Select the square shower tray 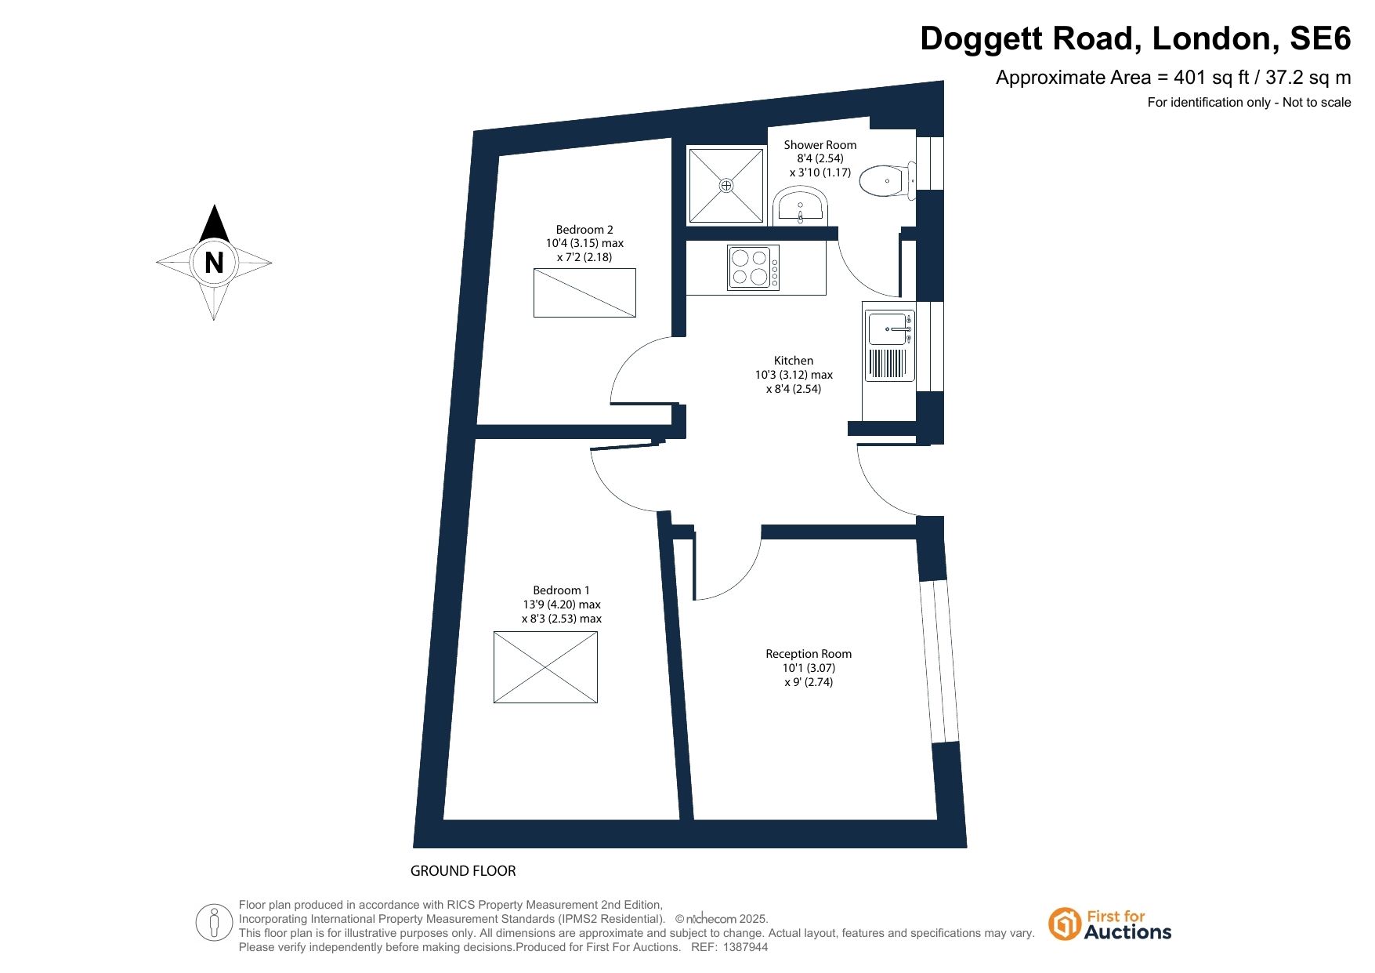coord(725,185)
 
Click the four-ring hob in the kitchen coord(753,268)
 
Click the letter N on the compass coord(214,263)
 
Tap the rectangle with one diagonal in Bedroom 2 coord(584,292)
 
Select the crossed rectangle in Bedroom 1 coord(545,667)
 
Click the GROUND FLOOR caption coord(463,871)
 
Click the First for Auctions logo coord(1109,925)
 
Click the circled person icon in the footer coord(214,922)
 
